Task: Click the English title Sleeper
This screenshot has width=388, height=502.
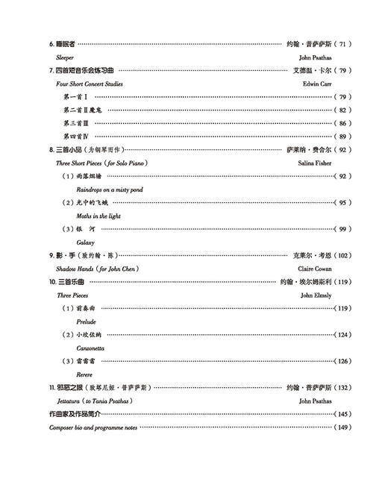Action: (66, 57)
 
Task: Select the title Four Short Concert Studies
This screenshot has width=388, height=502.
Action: (90, 84)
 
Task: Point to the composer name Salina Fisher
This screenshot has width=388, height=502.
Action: (314, 163)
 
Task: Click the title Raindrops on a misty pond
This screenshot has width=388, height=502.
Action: (110, 189)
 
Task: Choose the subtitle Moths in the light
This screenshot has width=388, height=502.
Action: (98, 216)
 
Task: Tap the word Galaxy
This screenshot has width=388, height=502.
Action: (86, 242)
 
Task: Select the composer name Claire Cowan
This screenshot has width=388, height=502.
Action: (314, 268)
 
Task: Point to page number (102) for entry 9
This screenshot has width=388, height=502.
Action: (341, 255)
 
